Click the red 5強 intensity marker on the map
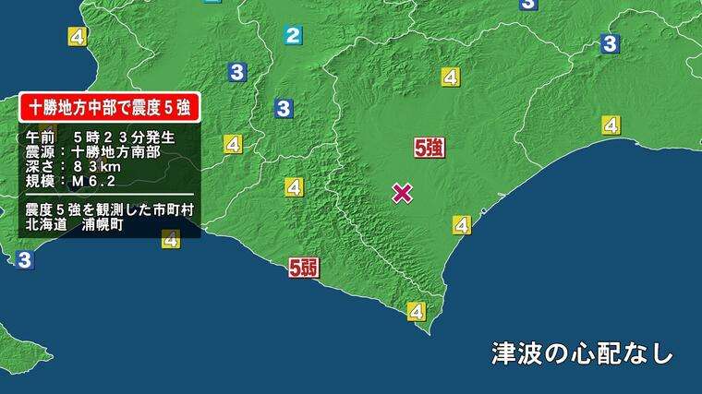[x=430, y=148]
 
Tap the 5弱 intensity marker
[x=304, y=269]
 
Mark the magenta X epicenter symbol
[x=402, y=192]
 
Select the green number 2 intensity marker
[x=293, y=36]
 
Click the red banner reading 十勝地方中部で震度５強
[x=110, y=107]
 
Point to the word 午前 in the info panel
[x=41, y=137]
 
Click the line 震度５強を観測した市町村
[x=110, y=209]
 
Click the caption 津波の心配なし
[x=582, y=353]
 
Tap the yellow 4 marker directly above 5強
[x=451, y=78]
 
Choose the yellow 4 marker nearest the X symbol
[x=462, y=224]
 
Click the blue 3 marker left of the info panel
[x=24, y=260]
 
